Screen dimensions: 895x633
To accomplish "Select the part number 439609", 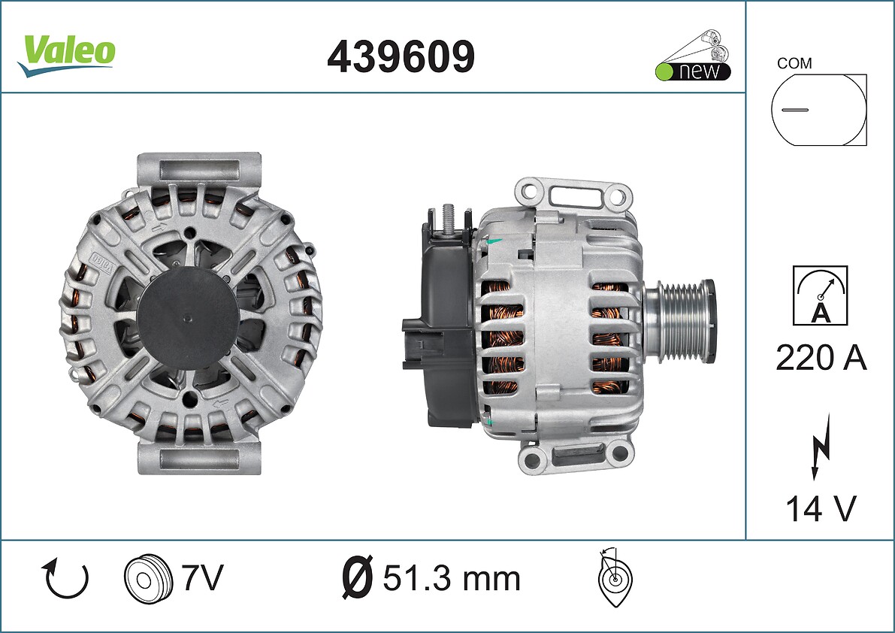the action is click(x=401, y=56).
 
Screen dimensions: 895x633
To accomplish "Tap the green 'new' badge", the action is click(x=694, y=56).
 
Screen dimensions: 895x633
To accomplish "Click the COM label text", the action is click(x=794, y=63).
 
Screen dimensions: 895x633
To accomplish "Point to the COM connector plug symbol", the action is click(x=818, y=110).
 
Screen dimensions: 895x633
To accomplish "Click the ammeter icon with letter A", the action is click(x=820, y=295).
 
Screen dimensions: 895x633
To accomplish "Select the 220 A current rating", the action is click(x=821, y=358).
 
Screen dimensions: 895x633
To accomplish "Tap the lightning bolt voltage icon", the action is click(x=821, y=446).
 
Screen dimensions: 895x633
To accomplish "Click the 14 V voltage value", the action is click(x=821, y=508).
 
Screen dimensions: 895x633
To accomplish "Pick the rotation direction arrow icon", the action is click(x=65, y=578).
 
